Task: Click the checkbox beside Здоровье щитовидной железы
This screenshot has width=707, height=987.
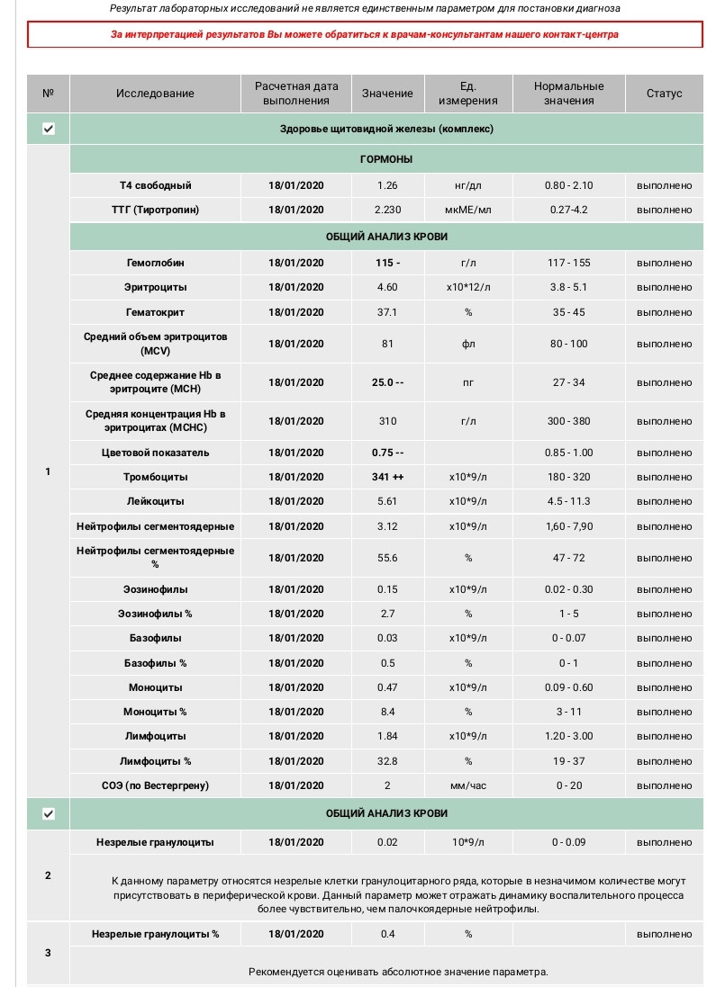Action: pos(49,129)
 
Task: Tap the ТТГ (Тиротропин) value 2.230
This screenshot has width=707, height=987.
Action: pos(387,210)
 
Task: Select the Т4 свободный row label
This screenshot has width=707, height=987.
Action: pos(156,185)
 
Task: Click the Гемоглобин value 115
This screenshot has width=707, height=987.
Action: pos(387,263)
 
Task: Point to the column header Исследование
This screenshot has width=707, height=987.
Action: pos(155,94)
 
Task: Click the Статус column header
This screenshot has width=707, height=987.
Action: pos(664,94)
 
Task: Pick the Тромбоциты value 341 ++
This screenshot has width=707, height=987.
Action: pos(387,477)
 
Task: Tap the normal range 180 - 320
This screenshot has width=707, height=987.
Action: pos(568,477)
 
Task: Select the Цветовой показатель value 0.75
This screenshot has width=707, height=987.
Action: pos(387,453)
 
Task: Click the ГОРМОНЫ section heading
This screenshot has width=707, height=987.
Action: pos(386,159)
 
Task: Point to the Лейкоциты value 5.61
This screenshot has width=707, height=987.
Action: pos(387,501)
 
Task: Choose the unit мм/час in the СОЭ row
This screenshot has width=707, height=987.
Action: pos(467,785)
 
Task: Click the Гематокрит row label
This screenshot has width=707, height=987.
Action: pos(156,312)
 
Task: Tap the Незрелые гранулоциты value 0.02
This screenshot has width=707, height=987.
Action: pos(387,843)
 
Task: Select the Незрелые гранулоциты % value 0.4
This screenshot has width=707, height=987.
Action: pos(387,934)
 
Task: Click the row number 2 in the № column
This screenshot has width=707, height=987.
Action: pos(49,875)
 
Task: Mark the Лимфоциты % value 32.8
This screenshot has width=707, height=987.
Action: pos(387,761)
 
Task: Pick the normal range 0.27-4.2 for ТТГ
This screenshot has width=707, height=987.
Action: pos(568,210)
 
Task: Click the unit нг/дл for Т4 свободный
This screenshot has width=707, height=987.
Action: pos(467,185)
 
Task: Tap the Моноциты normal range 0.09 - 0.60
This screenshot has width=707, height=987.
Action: pos(568,687)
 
